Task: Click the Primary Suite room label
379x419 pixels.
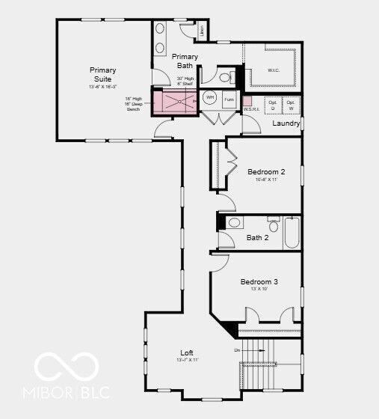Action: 103,75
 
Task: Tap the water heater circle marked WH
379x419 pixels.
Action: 210,99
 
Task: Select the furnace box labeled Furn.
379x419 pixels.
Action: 229,100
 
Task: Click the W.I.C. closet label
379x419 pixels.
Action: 274,70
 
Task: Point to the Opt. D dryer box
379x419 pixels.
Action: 273,105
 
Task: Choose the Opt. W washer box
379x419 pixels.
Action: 292,105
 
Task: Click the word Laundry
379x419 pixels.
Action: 286,123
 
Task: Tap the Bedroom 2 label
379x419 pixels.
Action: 266,171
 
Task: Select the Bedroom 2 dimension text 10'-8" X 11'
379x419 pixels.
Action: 266,180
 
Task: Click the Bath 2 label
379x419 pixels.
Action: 257,238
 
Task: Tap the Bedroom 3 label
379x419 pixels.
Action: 259,282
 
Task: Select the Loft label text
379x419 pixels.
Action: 187,353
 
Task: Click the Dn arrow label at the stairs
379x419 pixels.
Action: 237,350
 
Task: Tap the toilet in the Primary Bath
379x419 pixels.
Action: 227,76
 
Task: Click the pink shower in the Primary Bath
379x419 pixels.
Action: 176,101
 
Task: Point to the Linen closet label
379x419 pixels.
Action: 203,30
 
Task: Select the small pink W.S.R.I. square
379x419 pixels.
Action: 247,100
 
